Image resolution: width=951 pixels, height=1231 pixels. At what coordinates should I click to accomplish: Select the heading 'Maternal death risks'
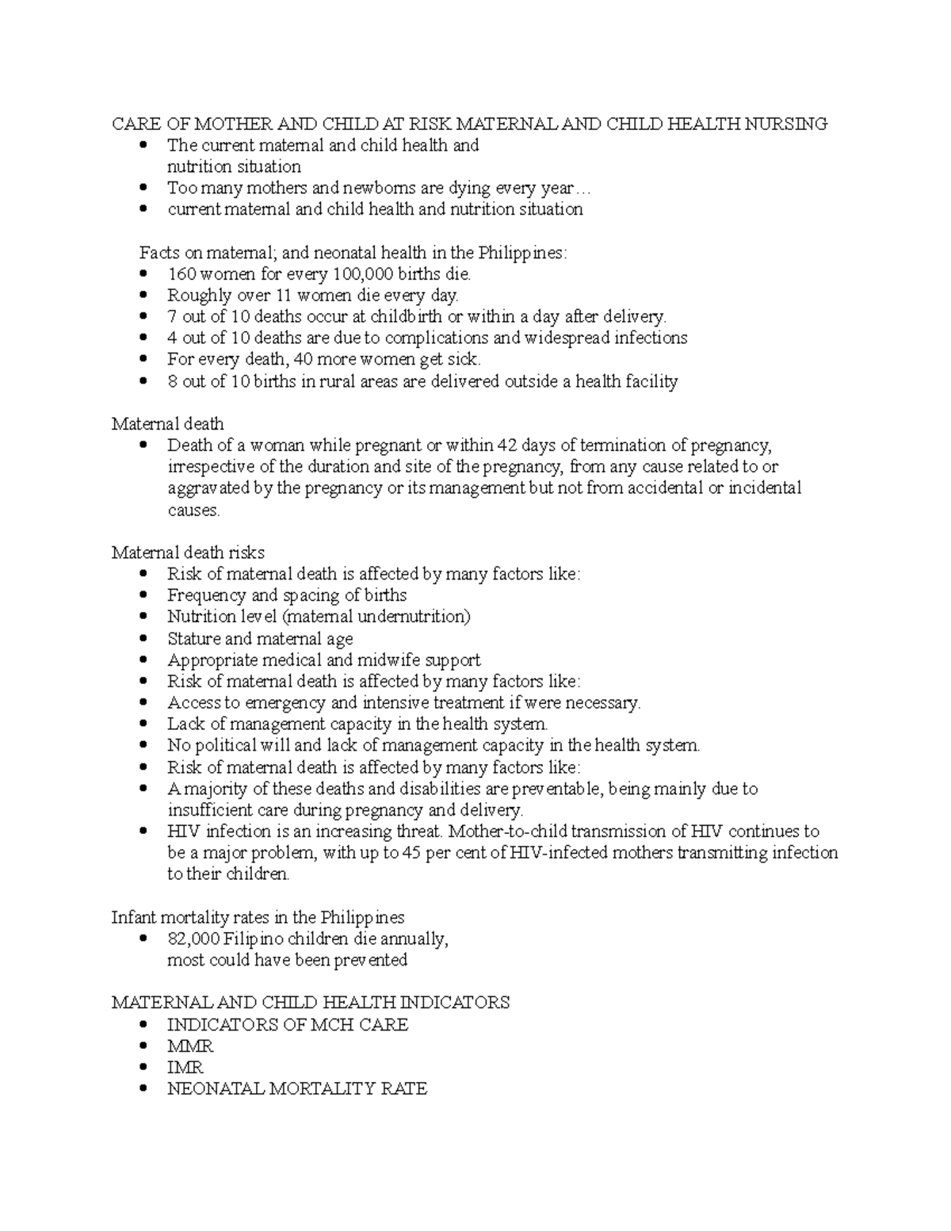[x=188, y=552]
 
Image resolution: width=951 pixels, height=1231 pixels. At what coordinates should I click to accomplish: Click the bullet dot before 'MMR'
[x=143, y=1046]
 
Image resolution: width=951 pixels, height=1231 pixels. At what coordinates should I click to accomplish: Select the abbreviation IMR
[x=185, y=1068]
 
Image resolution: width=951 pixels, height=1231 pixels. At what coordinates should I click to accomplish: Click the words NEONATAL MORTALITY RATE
[x=297, y=1089]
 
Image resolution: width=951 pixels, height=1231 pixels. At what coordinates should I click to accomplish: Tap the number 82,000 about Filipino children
[x=193, y=939]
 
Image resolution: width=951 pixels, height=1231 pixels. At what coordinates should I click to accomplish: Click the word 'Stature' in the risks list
[x=193, y=639]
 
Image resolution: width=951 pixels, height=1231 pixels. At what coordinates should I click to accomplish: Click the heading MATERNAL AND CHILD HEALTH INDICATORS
[x=311, y=1003]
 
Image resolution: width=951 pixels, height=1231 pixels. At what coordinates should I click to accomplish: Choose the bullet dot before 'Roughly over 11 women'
[x=143, y=296]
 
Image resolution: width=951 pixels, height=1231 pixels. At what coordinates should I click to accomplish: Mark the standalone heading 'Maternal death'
[x=167, y=424]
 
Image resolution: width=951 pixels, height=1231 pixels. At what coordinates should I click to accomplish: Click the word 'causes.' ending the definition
[x=193, y=510]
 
